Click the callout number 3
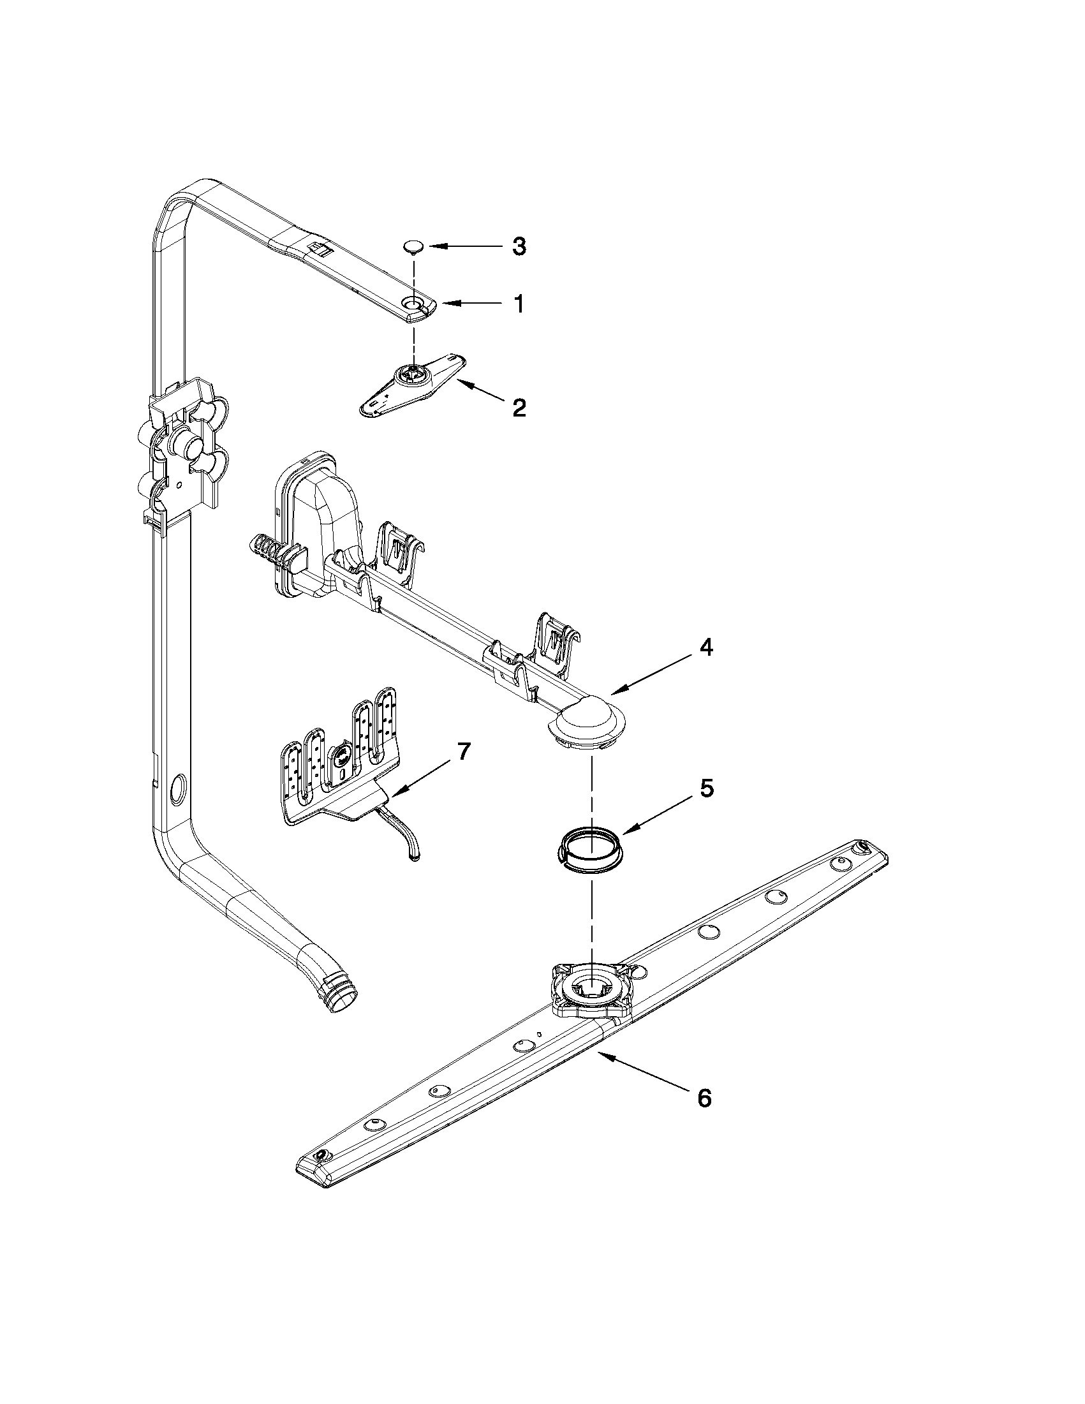[519, 246]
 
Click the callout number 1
[518, 304]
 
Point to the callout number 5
[705, 789]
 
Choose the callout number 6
[704, 1098]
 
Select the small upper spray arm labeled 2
[412, 384]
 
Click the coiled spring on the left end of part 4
[263, 551]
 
